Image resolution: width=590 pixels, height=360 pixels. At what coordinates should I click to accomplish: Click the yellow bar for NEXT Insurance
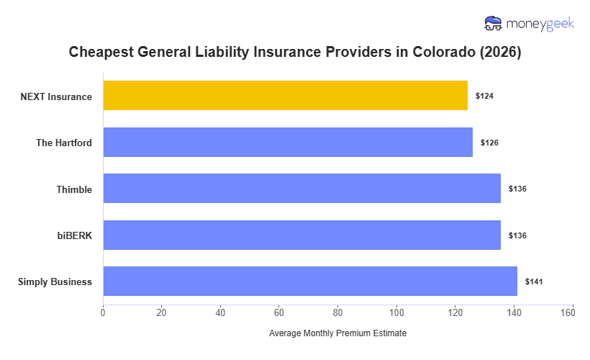[285, 96]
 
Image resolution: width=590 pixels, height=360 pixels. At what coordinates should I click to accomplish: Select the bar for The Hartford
[288, 143]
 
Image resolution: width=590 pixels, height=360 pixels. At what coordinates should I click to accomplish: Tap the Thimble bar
[301, 189]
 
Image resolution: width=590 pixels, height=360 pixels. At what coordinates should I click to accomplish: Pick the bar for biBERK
[301, 235]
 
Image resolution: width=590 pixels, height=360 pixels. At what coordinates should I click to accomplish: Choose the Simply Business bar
[310, 282]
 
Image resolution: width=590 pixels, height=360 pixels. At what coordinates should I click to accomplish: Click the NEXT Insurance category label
[56, 96]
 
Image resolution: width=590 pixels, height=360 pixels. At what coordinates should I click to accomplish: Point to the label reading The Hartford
[64, 143]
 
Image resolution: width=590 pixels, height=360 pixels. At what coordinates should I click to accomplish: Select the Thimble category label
[74, 189]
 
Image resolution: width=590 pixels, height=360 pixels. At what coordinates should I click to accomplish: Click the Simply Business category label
[55, 282]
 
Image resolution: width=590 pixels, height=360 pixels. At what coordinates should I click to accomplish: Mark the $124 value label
[484, 96]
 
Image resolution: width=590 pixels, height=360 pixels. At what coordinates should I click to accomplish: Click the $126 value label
[489, 143]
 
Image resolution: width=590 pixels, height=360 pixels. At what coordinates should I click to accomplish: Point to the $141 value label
[534, 282]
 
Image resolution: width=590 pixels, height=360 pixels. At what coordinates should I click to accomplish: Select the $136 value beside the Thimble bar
[517, 189]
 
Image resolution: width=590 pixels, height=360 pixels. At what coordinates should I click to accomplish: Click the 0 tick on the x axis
[103, 312]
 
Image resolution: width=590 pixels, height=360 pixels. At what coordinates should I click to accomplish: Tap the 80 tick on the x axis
[337, 312]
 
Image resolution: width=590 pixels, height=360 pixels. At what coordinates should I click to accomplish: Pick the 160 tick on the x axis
[572, 312]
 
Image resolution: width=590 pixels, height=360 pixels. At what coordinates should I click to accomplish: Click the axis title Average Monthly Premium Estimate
[337, 334]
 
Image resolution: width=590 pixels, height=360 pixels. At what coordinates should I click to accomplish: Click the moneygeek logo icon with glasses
[494, 24]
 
